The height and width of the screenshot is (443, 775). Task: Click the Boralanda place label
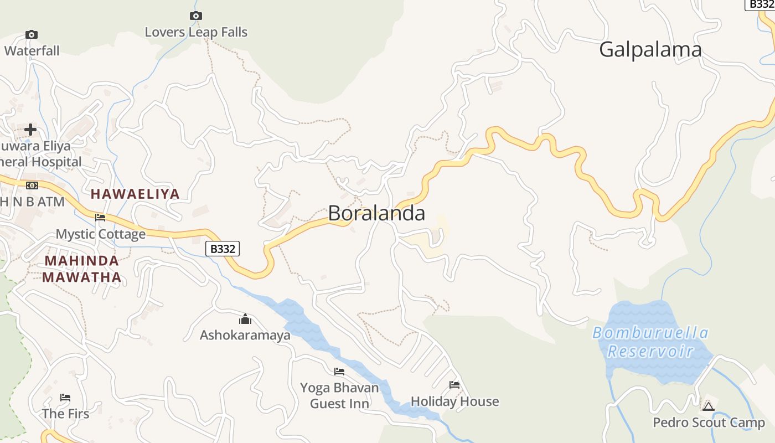pyautogui.click(x=376, y=213)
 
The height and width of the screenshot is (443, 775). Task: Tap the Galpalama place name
pyautogui.click(x=650, y=50)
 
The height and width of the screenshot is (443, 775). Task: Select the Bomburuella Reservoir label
pyautogui.click(x=650, y=342)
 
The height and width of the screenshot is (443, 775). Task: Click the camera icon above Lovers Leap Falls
pyautogui.click(x=196, y=16)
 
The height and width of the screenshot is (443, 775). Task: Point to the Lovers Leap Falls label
pyautogui.click(x=196, y=32)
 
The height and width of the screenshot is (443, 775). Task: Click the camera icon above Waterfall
pyautogui.click(x=32, y=35)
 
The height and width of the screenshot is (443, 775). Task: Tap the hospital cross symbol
pyautogui.click(x=30, y=130)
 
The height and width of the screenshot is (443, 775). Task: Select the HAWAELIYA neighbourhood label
pyautogui.click(x=135, y=194)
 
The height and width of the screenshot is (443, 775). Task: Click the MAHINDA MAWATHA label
pyautogui.click(x=82, y=269)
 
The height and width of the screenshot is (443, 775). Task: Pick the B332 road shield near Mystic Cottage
pyautogui.click(x=223, y=249)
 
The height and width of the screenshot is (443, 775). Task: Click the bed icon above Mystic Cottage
pyautogui.click(x=100, y=218)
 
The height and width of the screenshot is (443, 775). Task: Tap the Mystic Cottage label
pyautogui.click(x=101, y=234)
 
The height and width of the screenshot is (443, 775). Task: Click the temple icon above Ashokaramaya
pyautogui.click(x=245, y=319)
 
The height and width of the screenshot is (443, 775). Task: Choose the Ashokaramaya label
pyautogui.click(x=245, y=335)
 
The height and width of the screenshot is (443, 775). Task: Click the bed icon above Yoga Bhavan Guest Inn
pyautogui.click(x=339, y=372)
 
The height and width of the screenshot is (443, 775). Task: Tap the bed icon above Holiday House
pyautogui.click(x=454, y=385)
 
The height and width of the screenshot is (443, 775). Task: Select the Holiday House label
pyautogui.click(x=454, y=401)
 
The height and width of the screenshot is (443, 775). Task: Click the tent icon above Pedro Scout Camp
pyautogui.click(x=709, y=406)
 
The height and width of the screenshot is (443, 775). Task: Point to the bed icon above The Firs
pyautogui.click(x=65, y=398)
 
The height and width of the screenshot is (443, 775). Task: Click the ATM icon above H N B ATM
pyautogui.click(x=32, y=185)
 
